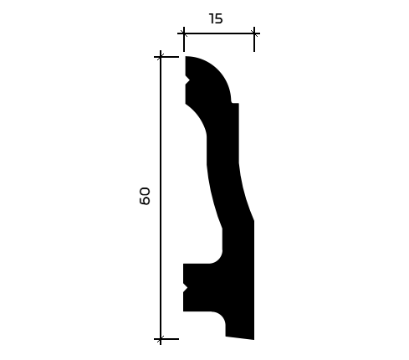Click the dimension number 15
[x=216, y=18]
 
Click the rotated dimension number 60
[x=145, y=196]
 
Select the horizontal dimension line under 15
[x=219, y=33]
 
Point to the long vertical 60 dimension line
[x=161, y=198]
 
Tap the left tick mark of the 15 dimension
[x=184, y=33]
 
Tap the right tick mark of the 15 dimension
[x=254, y=33]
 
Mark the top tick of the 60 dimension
[x=161, y=57]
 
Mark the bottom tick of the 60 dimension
[x=161, y=339]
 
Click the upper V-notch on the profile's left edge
[x=187, y=80]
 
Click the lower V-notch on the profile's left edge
[x=186, y=288]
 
